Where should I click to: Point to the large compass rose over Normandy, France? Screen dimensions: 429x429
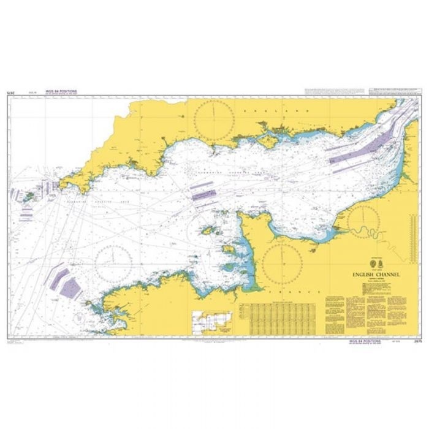pyautogui.click(x=283, y=260)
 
